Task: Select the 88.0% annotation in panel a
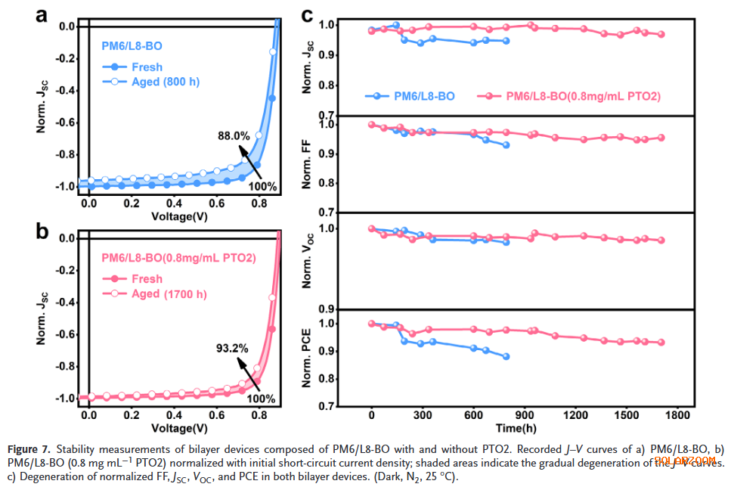pos(234,136)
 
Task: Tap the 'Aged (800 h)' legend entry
pos(165,81)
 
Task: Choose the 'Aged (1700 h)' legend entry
pos(169,293)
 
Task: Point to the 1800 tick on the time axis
pos(677,416)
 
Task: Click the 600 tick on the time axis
pos(473,416)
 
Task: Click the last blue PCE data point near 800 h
pos(506,356)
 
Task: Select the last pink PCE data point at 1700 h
pos(661,342)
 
